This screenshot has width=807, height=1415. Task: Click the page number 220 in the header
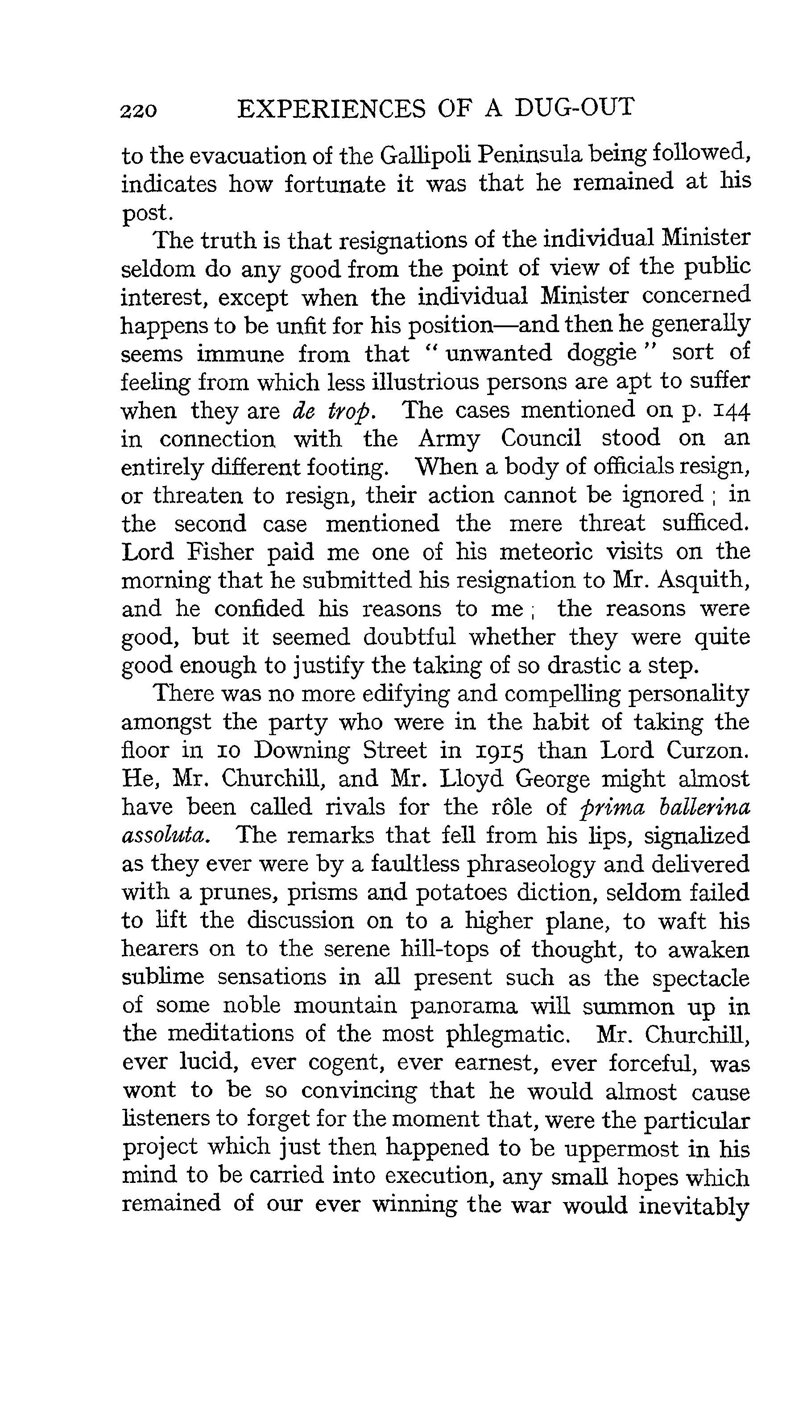pyautogui.click(x=139, y=110)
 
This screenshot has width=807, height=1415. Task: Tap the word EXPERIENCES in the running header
pyautogui.click(x=331, y=108)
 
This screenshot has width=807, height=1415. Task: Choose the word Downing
pyautogui.click(x=302, y=751)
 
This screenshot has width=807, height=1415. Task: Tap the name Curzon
pyautogui.click(x=708, y=751)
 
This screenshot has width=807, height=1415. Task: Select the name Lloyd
pyautogui.click(x=471, y=779)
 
